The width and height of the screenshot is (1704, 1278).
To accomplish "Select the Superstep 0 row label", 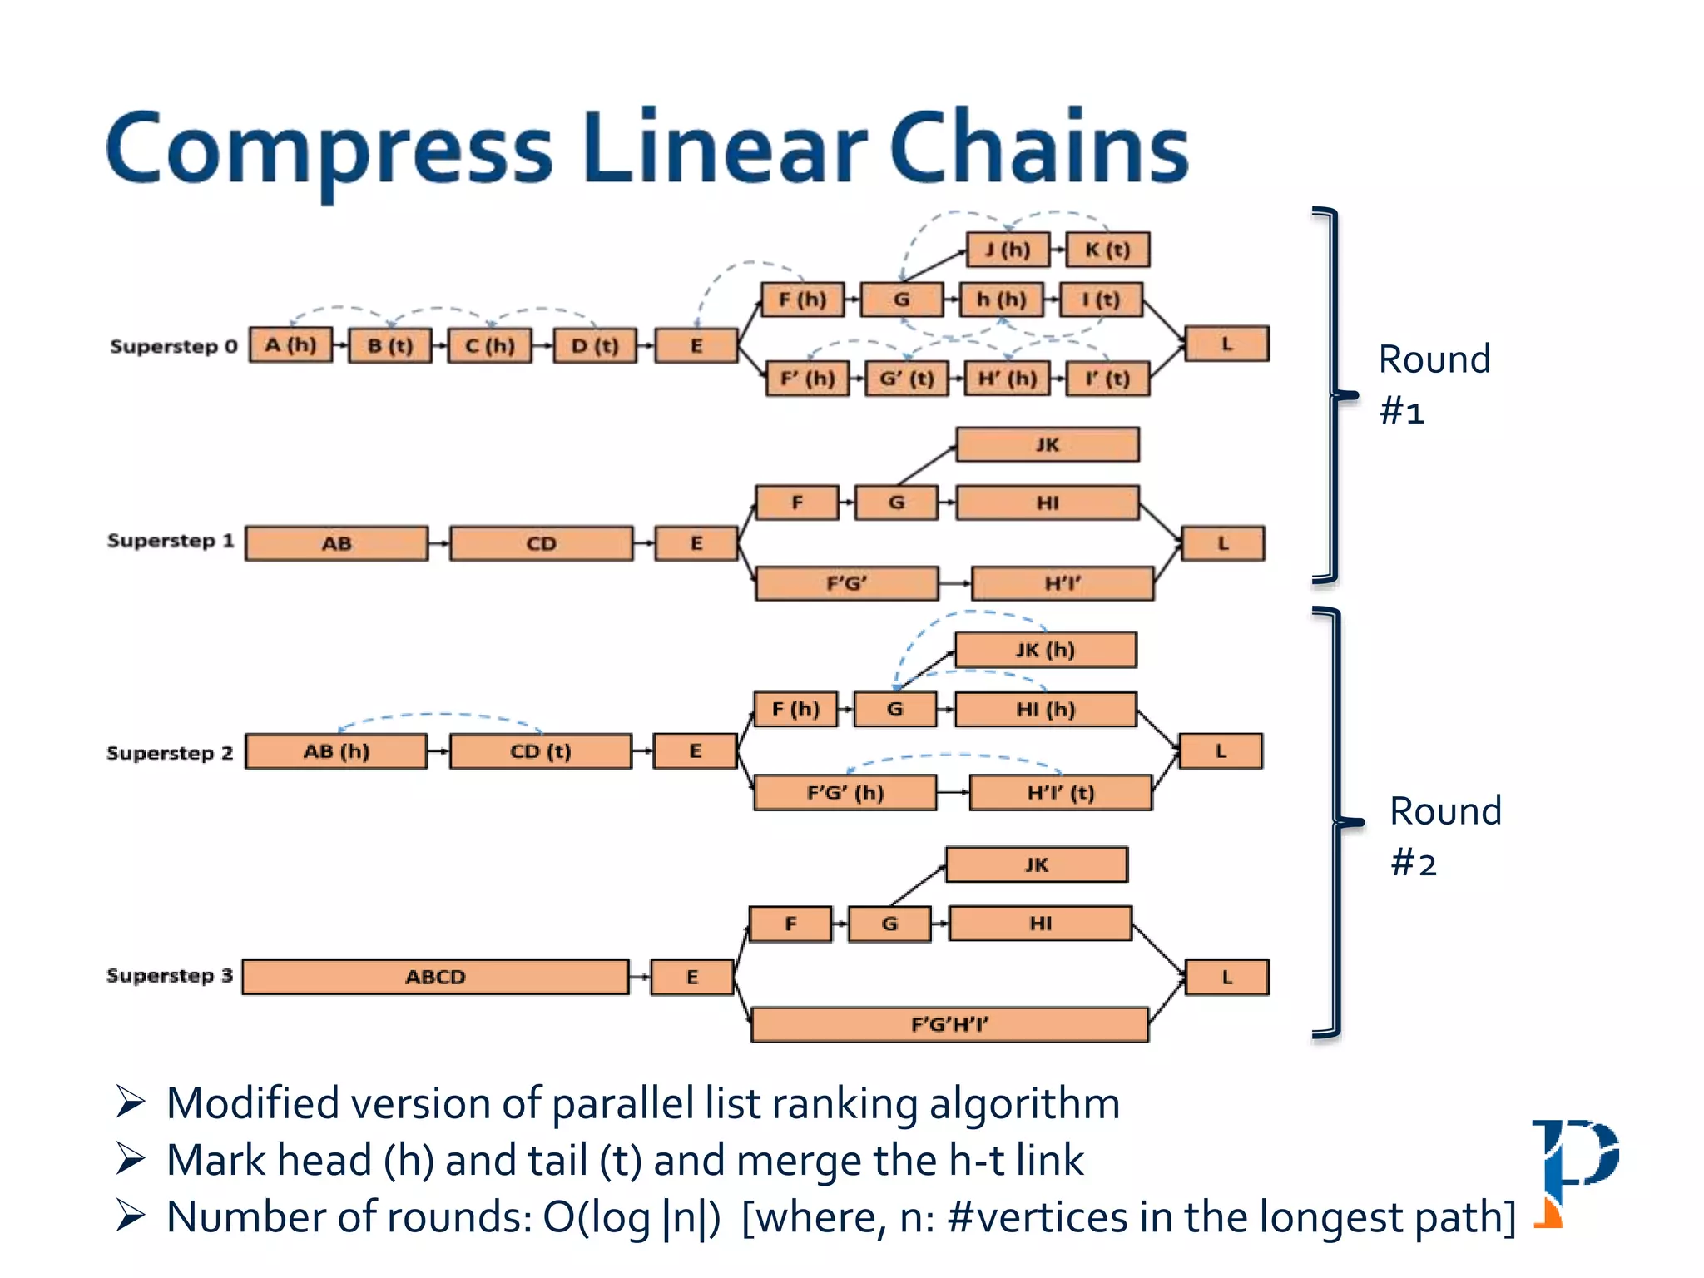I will [174, 346].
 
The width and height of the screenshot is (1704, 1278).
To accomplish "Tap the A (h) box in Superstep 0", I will [290, 344].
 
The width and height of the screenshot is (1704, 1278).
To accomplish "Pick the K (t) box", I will [1107, 250].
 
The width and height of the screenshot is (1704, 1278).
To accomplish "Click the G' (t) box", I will [907, 379].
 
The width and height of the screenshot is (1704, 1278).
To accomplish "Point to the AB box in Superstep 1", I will [337, 543].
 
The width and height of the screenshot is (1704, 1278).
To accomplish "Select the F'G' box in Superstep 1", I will [846, 583].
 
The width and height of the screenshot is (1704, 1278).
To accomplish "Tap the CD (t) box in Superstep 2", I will [541, 751].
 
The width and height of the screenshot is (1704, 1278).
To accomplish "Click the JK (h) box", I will [1045, 650].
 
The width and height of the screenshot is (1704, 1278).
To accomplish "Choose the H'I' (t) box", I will [1061, 792].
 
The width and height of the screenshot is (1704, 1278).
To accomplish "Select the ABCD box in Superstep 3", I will [435, 977].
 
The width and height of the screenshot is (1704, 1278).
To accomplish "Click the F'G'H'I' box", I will [949, 1024].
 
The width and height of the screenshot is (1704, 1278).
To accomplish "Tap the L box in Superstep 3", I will [1226, 977].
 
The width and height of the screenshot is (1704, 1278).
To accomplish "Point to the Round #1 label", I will [1433, 384].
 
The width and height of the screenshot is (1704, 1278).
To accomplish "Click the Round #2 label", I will [1444, 835].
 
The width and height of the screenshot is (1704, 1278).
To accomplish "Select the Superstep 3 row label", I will [170, 975].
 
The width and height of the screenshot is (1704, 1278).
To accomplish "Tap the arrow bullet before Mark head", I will [131, 1158].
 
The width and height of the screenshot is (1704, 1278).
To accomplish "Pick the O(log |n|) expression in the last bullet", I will [632, 1217].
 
